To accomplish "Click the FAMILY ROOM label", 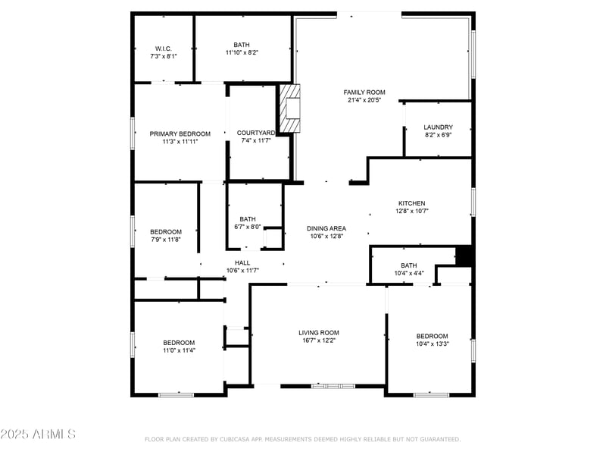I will point(365,93).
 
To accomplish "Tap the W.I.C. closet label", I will point(164,49).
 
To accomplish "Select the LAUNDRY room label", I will point(438,127).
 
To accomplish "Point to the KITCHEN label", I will point(412,203).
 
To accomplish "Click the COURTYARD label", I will point(256,133).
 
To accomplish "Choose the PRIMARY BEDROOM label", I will point(180,133).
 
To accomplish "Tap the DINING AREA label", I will point(326,228).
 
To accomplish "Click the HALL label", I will point(242,262).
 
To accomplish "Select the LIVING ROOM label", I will point(318,332).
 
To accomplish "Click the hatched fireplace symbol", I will point(290,108).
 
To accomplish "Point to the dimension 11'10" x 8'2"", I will point(242,53).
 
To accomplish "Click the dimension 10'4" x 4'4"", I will point(409,273).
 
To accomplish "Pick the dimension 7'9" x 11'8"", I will point(165,240).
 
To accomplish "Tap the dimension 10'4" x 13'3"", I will point(432,344).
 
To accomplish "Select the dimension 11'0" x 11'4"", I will point(179,350).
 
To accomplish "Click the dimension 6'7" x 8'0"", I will point(247,226).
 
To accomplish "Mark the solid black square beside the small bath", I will point(464,256).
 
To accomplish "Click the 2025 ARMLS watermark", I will point(38,435).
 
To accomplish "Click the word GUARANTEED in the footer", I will point(438,439).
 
